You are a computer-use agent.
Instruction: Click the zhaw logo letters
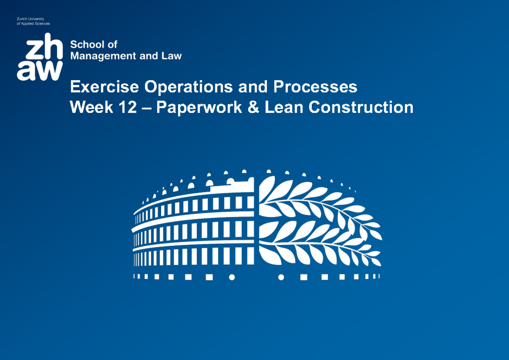pos(40,58)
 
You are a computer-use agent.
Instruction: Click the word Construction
pos(361,107)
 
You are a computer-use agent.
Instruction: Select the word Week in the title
pos(91,107)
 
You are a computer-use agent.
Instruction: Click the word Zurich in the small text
pos(22,19)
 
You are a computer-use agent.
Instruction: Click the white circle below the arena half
pos(232,277)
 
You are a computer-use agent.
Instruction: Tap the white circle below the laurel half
pos(280,277)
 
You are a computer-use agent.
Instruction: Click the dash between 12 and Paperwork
pos(147,108)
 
